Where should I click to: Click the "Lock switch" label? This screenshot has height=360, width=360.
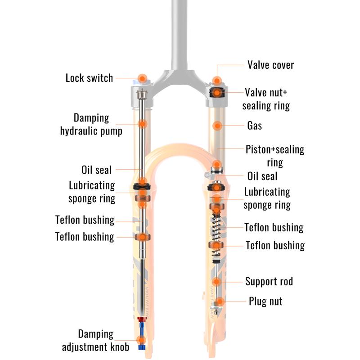(x=89, y=78)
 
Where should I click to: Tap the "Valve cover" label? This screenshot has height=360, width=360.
(x=271, y=65)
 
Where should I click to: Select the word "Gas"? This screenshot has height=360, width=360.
(x=254, y=126)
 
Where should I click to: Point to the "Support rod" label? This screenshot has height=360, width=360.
(x=269, y=281)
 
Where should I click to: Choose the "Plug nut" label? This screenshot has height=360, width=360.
(x=265, y=301)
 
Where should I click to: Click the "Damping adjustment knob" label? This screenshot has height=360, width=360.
(x=95, y=341)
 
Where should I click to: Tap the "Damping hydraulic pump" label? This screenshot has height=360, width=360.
(x=91, y=125)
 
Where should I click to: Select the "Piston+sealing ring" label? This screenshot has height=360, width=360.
(x=275, y=156)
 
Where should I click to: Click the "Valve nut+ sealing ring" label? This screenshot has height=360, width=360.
(x=266, y=99)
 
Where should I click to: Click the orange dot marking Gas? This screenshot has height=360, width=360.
(x=217, y=126)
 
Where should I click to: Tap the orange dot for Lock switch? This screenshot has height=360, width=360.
(x=142, y=79)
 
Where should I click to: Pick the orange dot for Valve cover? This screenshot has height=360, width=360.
(x=217, y=81)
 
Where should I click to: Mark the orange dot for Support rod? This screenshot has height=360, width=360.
(x=216, y=282)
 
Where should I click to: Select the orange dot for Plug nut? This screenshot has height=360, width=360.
(x=220, y=301)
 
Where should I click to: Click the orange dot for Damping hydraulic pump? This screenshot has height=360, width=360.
(x=142, y=124)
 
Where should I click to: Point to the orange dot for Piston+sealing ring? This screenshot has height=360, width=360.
(x=217, y=165)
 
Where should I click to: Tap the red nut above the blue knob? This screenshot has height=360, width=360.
(x=142, y=319)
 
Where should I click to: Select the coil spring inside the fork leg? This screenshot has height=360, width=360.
(x=216, y=234)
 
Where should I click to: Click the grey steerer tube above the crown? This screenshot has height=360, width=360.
(x=179, y=35)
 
